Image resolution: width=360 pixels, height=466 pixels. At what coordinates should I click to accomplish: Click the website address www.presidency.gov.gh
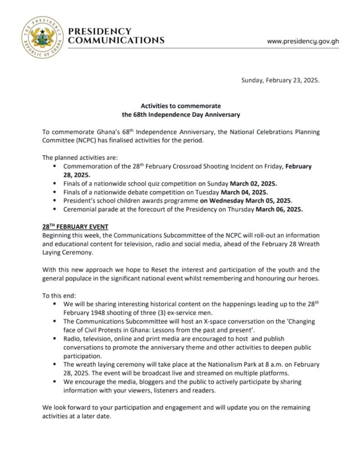tap(303, 41)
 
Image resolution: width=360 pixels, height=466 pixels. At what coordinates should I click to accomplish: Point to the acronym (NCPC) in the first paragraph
tap(80, 140)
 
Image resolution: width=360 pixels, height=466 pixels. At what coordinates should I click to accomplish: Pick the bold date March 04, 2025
tap(258, 192)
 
